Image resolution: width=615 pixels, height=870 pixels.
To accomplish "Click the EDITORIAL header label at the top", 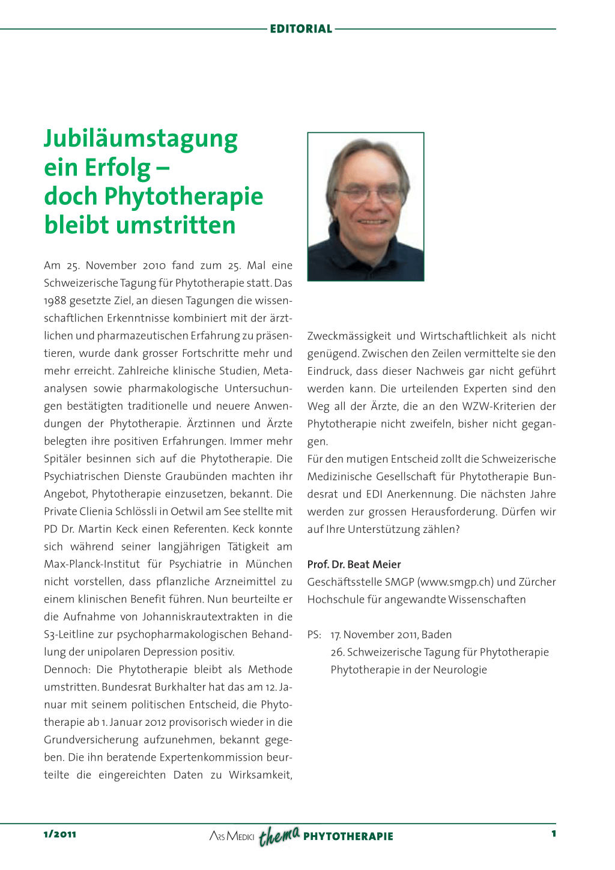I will point(301,29).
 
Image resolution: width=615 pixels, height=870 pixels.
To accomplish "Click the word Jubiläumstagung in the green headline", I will point(141,139).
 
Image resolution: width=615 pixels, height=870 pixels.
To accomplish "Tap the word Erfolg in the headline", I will point(118,168).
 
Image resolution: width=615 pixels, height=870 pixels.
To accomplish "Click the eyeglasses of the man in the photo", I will point(368,194).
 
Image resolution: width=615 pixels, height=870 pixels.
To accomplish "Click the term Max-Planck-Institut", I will point(92,564).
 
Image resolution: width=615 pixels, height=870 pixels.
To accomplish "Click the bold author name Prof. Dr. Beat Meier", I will point(354,564).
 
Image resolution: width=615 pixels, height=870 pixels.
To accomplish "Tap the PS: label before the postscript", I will point(314,634).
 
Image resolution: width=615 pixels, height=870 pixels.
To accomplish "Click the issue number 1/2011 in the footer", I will point(60,834).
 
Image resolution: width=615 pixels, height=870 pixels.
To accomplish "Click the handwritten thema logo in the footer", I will point(279,835).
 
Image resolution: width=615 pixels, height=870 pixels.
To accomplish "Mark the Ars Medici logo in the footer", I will point(232,836).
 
